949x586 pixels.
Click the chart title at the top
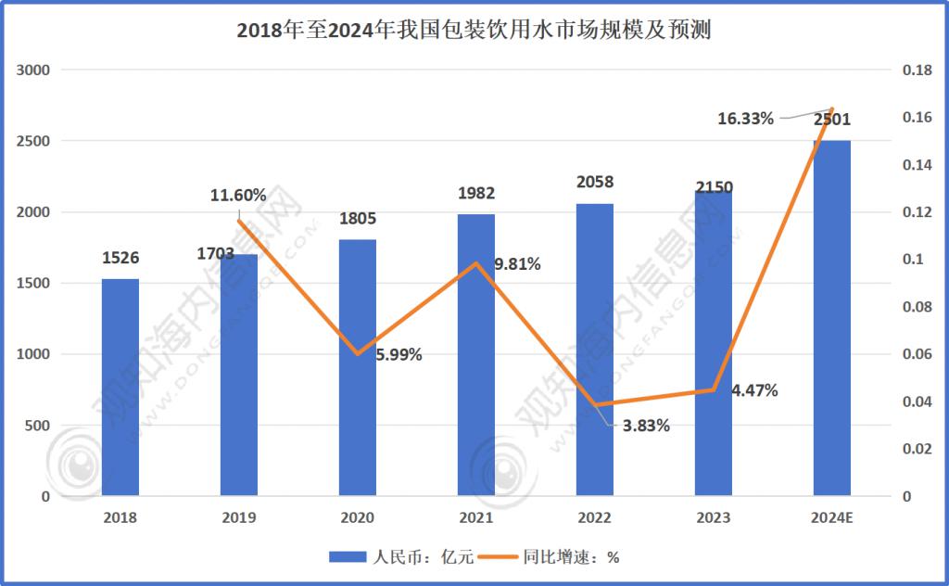474,32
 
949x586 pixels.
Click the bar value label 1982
476,194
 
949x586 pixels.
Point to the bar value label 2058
594,182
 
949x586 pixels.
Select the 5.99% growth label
399,354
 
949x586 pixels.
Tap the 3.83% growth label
646,426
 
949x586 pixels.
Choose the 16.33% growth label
746,118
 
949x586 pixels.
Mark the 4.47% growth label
754,390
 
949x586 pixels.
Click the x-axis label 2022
594,518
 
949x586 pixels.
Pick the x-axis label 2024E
831,518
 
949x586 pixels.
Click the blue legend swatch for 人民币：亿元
348,557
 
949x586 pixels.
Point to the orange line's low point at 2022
595,405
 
